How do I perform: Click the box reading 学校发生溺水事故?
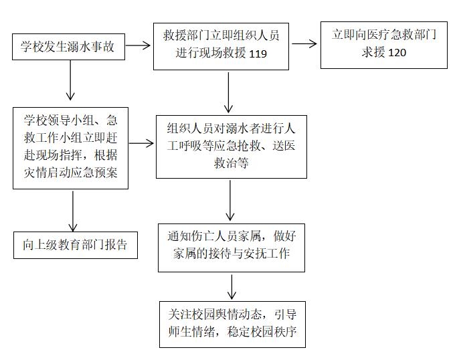tap(68, 47)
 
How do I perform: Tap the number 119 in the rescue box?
tap(258, 54)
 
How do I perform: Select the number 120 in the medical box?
tap(397, 53)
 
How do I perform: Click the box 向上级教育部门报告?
tap(76, 245)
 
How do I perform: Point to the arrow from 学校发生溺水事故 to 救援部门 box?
tap(138, 46)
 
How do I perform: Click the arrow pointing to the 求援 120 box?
tap(304, 44)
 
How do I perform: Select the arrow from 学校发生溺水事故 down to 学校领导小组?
tap(70, 80)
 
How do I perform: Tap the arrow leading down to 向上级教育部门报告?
tap(72, 211)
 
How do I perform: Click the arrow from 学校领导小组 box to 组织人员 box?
tap(141, 143)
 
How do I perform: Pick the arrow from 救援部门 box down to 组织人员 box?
tap(229, 92)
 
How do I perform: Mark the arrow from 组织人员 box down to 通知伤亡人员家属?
tap(230, 200)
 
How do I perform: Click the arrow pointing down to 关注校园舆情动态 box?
tap(232, 287)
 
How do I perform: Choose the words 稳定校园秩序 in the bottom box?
tap(262, 331)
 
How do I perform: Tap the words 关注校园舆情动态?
tap(215, 314)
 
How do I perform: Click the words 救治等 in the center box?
tap(231, 163)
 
